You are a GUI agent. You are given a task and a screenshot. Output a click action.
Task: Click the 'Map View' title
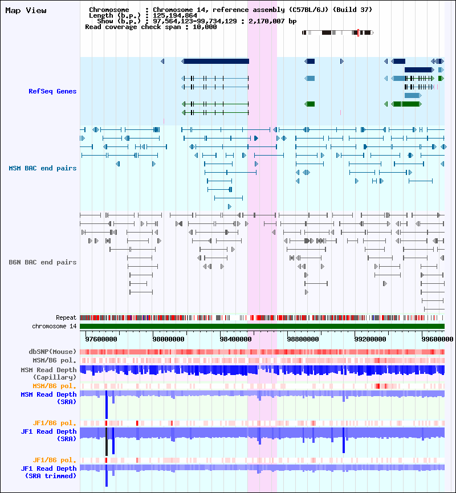click(26, 11)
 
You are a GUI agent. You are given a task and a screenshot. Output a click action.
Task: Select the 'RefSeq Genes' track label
click(52, 91)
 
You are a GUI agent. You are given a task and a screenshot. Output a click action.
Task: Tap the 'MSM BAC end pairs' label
click(42, 168)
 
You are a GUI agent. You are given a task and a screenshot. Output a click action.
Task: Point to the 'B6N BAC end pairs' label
click(42, 262)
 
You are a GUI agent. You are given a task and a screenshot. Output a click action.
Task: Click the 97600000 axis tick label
click(101, 339)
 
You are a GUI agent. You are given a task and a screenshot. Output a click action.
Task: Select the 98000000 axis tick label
click(169, 339)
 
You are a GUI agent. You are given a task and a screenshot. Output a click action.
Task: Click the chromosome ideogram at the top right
click(337, 32)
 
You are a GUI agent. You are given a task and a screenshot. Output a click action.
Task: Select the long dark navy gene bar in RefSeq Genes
click(215, 61)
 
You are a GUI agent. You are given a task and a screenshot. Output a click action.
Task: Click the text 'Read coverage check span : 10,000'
click(150, 27)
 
